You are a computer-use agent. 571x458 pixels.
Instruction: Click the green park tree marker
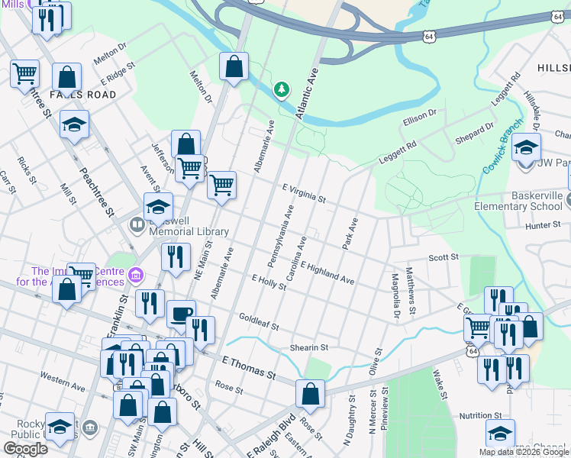click(282, 90)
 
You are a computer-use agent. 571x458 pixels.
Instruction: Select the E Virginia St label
click(304, 193)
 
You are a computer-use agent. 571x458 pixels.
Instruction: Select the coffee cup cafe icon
click(181, 314)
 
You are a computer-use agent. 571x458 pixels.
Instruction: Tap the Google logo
click(26, 449)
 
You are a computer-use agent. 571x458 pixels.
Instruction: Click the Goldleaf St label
click(259, 321)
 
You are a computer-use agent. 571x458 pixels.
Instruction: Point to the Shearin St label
click(308, 347)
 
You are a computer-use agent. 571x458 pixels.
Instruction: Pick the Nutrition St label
click(480, 415)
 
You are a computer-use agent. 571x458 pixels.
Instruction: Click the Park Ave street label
click(350, 235)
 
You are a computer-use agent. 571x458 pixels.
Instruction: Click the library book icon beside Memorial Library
click(137, 224)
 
